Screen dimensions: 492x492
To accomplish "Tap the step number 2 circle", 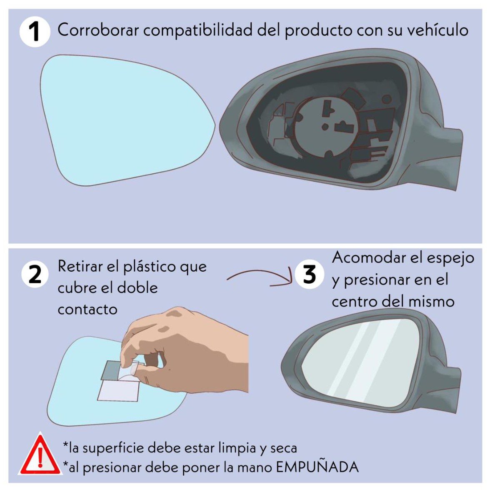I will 35,275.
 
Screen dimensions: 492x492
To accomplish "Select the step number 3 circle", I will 309,275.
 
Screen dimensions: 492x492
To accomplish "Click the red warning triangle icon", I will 40,455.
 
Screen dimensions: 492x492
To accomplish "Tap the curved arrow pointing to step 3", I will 260,277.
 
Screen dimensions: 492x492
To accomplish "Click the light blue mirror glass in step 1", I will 125,121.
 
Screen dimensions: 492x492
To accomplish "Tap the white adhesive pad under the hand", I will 118,392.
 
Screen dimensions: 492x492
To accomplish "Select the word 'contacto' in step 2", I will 87,310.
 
